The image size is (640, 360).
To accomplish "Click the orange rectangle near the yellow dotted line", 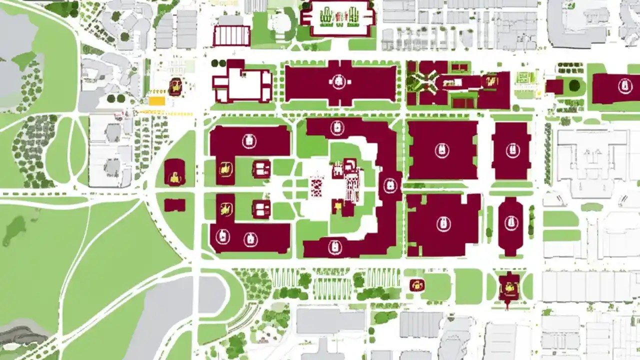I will pyautogui.click(x=156, y=101).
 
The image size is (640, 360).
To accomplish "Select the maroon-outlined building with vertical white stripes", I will pyautogui.click(x=231, y=36).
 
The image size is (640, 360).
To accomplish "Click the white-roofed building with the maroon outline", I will pyautogui.click(x=242, y=83).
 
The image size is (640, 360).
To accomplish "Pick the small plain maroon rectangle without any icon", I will pyautogui.click(x=174, y=205).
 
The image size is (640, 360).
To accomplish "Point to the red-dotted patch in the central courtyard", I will pyautogui.click(x=316, y=186).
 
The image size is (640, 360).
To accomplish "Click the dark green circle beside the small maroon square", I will pyautogui.click(x=574, y=85).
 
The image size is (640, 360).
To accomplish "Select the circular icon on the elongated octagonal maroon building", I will pyautogui.click(x=510, y=222).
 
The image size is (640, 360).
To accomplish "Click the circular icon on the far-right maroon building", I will pyautogui.click(x=624, y=86).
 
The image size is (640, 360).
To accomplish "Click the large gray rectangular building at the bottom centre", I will pyautogui.click(x=330, y=320).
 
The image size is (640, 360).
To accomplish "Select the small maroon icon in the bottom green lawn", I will pyautogui.click(x=416, y=285).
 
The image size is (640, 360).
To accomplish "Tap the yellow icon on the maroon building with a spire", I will pyautogui.click(x=509, y=287).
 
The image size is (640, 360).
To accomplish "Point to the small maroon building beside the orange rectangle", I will pyautogui.click(x=175, y=87).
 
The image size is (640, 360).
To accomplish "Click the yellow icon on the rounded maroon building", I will pyautogui.click(x=174, y=176).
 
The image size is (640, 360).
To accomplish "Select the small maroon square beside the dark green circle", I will pyautogui.click(x=554, y=86).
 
